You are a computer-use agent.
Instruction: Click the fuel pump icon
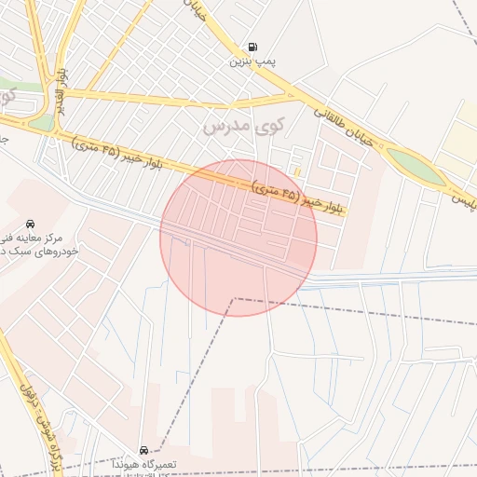252,48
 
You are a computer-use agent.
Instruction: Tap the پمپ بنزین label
252,62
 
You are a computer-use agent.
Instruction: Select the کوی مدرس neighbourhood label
240,124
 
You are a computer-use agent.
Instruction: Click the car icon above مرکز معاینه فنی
31,224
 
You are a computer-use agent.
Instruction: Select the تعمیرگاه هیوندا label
143,463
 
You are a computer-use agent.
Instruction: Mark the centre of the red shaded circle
238,238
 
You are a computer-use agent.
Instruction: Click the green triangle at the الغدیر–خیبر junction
42,122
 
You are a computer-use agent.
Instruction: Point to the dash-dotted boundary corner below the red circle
233,299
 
